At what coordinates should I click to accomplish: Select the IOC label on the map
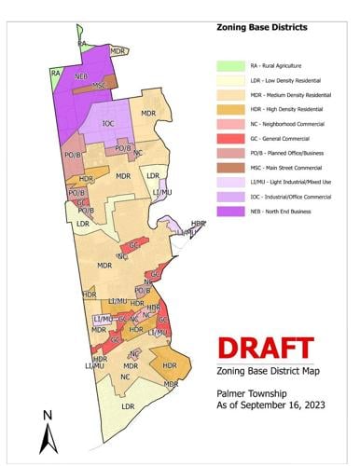pos(108,123)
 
